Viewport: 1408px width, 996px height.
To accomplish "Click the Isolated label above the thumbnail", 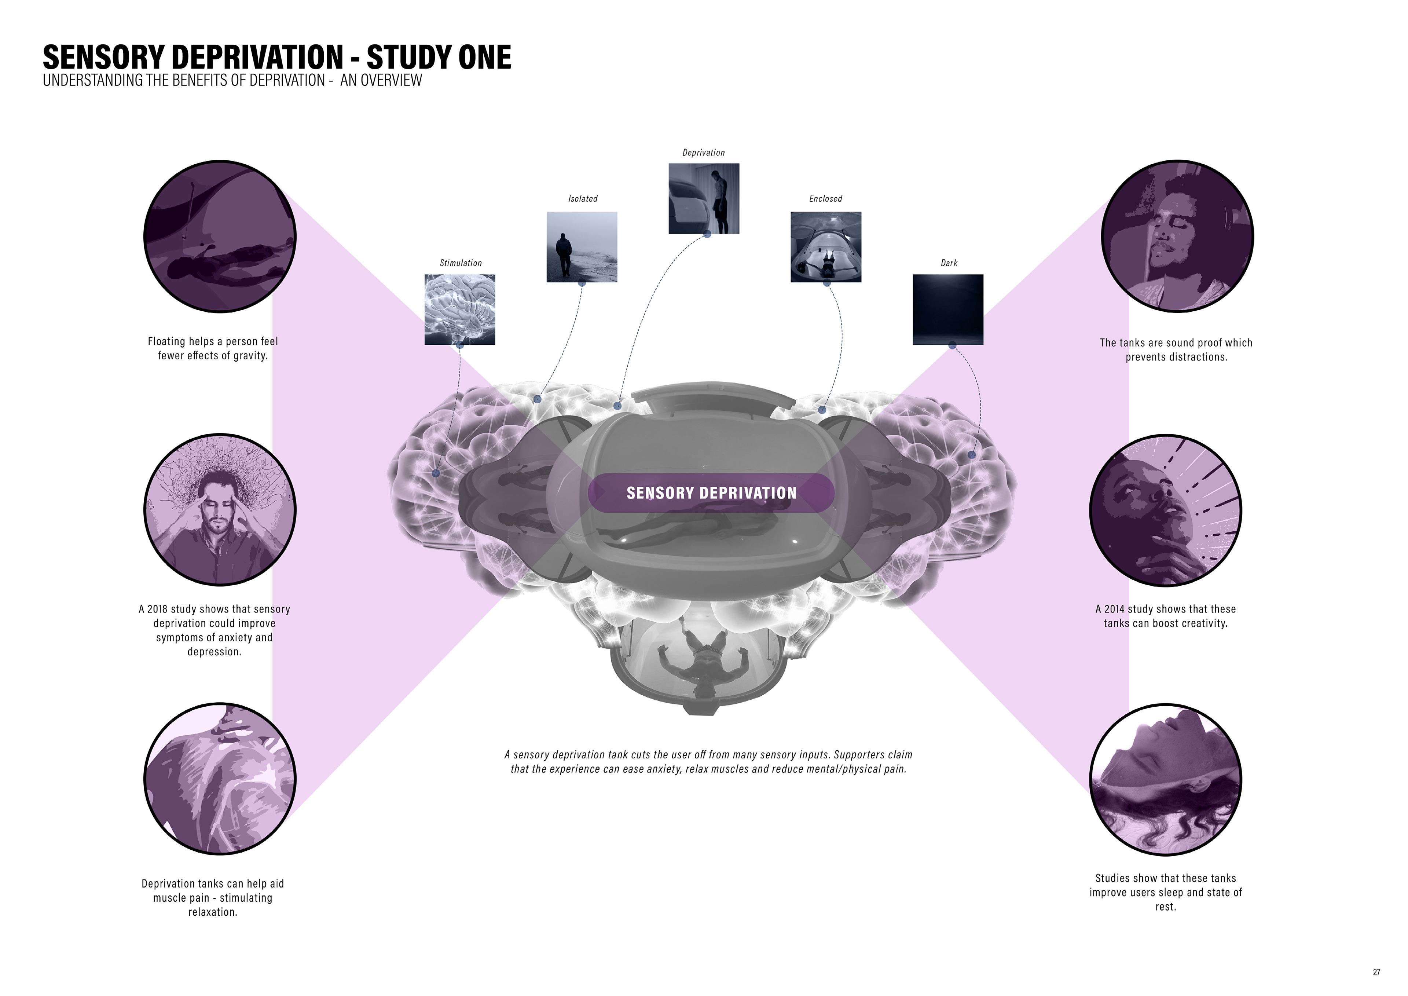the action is tap(583, 199).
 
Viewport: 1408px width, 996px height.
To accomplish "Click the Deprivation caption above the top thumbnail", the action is tap(703, 153).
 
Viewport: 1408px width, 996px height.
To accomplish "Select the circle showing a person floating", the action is tap(220, 237).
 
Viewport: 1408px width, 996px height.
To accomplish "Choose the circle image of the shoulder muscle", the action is tap(220, 779).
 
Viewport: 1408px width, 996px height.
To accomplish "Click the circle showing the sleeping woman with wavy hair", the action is tap(1165, 780).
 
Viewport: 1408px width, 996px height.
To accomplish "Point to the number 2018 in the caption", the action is tap(158, 609).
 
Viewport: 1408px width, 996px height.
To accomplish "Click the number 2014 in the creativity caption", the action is tap(1115, 609).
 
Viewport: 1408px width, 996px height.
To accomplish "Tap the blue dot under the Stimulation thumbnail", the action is tap(460, 345).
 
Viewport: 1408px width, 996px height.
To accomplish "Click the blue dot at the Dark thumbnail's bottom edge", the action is tap(952, 345).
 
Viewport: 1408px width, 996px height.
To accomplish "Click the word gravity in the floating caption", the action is tap(250, 356).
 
